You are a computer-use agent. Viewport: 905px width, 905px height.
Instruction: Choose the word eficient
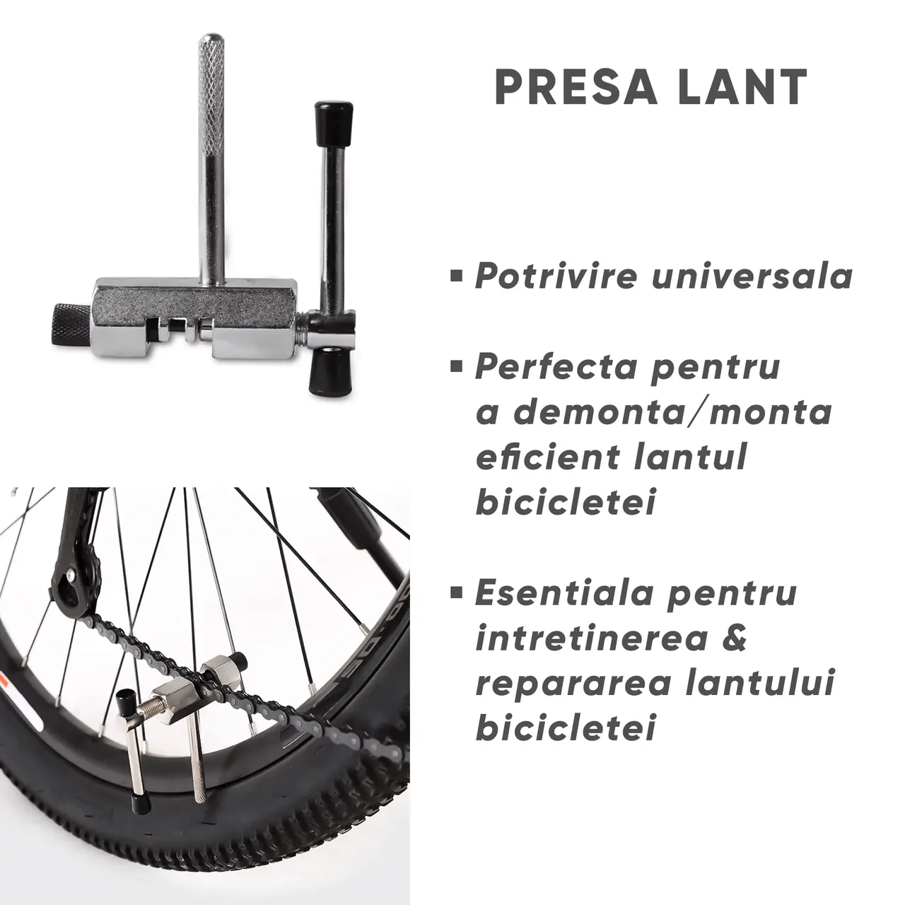pyautogui.click(x=547, y=457)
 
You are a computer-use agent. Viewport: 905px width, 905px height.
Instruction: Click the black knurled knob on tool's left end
pyautogui.click(x=71, y=325)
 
